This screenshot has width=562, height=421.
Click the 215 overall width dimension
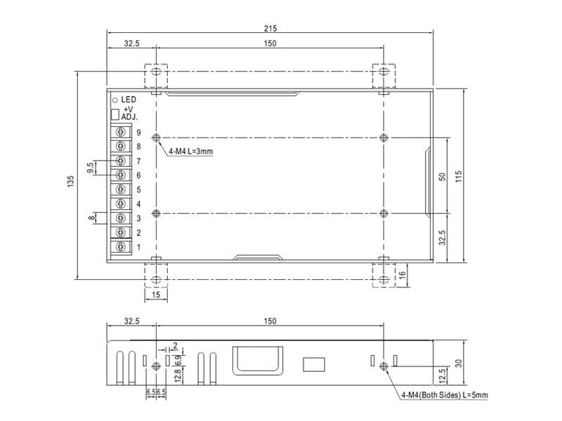point(270,28)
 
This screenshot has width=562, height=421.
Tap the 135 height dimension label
point(71,181)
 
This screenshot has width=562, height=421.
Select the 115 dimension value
point(459,176)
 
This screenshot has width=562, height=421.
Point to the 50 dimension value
point(443,177)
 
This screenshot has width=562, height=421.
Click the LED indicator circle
point(115,100)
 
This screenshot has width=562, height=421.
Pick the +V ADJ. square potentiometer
point(115,114)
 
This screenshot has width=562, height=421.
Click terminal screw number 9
point(121,132)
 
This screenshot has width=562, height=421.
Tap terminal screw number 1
point(121,247)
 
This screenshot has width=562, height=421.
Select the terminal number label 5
point(138,189)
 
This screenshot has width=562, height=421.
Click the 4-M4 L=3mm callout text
point(191,152)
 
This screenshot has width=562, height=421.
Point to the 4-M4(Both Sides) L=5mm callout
point(445,395)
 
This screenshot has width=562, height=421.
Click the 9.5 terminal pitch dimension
point(91,168)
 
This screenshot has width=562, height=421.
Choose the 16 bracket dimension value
point(402,274)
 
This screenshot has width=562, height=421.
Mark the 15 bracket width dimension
point(156,295)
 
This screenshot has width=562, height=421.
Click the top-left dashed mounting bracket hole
point(156,72)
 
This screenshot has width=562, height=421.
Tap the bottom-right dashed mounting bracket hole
point(384,279)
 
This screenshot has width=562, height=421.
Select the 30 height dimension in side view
point(459,363)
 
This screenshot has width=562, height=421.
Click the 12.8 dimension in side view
point(178,375)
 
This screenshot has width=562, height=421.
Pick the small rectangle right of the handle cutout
point(314,364)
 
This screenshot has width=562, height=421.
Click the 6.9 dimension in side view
point(178,360)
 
